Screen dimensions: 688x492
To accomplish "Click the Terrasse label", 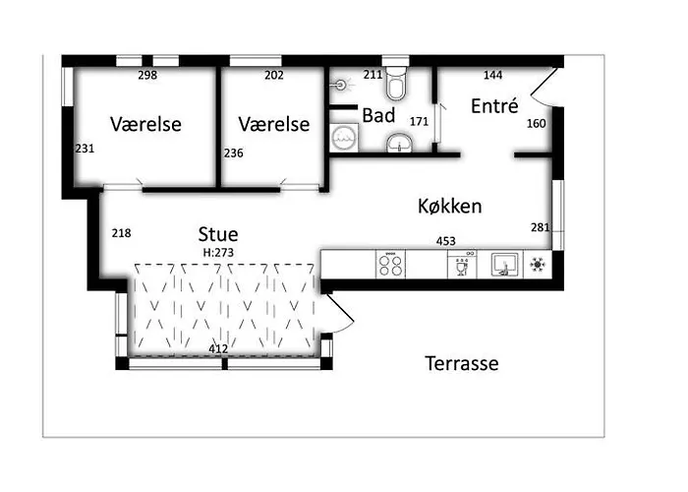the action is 462,363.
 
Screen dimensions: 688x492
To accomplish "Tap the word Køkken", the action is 450,206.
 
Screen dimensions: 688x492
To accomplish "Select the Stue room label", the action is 218,234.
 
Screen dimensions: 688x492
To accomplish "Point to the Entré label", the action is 494,106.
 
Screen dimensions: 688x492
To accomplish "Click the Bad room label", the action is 378,115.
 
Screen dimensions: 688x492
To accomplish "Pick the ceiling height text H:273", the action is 218,253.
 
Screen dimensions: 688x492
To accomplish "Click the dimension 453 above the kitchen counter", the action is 446,241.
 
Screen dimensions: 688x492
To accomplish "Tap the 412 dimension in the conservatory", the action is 218,348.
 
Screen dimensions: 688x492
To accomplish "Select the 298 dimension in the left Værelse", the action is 147,75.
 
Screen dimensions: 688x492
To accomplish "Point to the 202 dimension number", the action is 274,75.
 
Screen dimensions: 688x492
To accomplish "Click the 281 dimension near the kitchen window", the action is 541,227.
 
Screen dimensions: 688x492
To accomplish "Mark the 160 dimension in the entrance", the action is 537,123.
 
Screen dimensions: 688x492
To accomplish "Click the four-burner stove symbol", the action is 390,265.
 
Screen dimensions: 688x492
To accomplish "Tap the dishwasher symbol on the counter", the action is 462,265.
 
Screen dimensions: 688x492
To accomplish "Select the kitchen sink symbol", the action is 505,265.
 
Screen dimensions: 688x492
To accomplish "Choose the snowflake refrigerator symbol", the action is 537,265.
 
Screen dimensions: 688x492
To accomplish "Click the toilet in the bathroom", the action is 396,84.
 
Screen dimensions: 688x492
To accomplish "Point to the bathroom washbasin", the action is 399,143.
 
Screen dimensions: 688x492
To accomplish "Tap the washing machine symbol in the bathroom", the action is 344,138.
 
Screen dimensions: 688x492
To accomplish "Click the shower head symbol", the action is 341,83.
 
